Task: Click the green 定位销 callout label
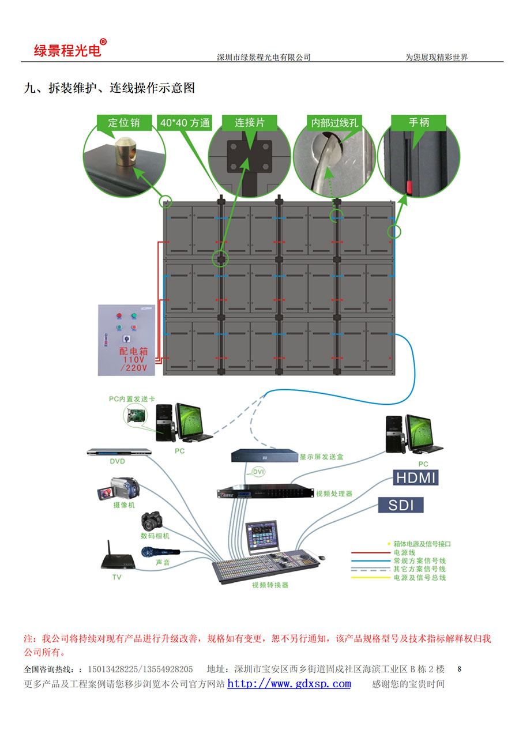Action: pos(123,122)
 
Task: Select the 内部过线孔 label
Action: pos(335,122)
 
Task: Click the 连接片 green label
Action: pos(250,122)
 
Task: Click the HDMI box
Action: pos(415,477)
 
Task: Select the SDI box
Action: pos(401,505)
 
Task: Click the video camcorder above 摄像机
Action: pos(119,489)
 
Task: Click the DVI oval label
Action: pos(259,472)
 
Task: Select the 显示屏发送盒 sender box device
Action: pos(264,456)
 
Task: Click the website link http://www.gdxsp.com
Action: pos(289,684)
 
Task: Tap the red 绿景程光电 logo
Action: pos(68,50)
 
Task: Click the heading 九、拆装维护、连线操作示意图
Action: pos(110,88)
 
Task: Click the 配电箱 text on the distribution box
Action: pos(133,351)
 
